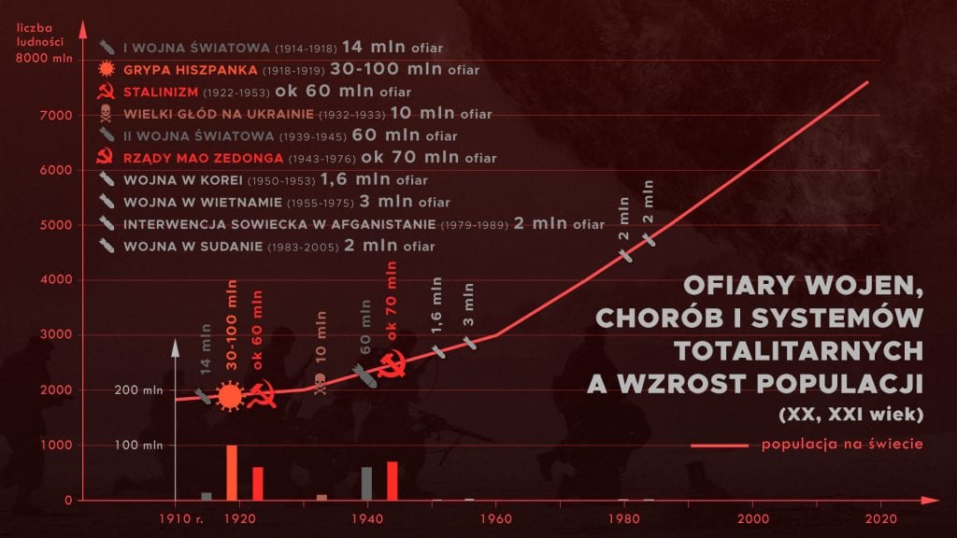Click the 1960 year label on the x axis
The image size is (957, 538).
pos(495,518)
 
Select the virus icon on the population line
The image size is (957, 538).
pos(229,397)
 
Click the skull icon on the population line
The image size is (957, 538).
pos(321,383)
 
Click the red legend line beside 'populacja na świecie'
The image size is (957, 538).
pos(720,446)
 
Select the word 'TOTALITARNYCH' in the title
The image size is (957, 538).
pos(800,349)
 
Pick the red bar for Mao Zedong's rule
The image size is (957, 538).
pos(393,480)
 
